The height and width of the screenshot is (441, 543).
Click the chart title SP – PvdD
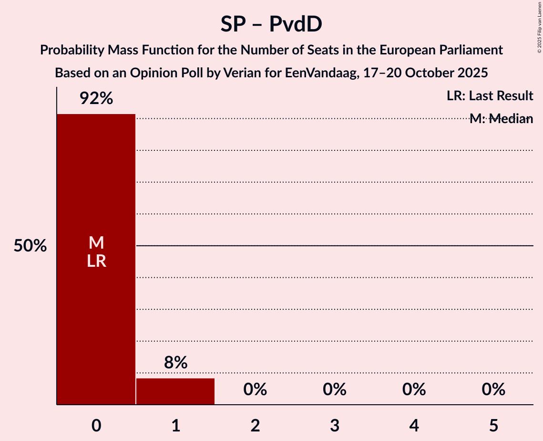(x=271, y=24)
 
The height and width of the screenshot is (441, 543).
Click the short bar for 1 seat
(x=175, y=391)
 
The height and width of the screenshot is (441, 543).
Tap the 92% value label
(x=96, y=98)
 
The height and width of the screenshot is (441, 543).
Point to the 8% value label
(x=175, y=363)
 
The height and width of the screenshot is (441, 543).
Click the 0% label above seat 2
(x=255, y=389)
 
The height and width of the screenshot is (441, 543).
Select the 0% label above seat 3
(x=334, y=389)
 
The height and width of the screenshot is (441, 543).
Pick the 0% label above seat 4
(x=414, y=389)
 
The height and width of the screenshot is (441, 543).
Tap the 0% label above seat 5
(x=493, y=389)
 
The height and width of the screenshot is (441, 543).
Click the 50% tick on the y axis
(x=30, y=246)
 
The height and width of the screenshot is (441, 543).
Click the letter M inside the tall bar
(x=96, y=243)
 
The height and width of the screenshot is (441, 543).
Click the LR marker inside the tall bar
(x=96, y=261)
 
